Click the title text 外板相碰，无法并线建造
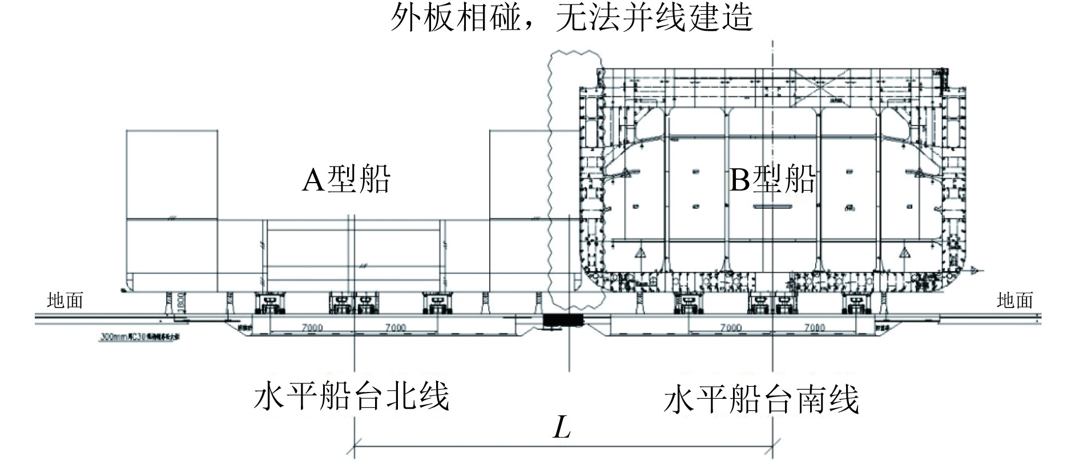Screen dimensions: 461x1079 click(571, 18)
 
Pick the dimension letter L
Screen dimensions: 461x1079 click(562, 427)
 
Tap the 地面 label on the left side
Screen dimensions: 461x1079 click(65, 300)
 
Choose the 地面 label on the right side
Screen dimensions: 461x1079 click(1015, 300)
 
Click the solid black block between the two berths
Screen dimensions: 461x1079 click(562, 321)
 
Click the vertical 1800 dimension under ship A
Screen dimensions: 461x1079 click(180, 301)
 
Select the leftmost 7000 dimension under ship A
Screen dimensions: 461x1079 click(312, 327)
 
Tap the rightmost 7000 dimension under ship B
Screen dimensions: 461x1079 click(814, 327)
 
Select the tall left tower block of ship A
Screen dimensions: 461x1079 click(171, 175)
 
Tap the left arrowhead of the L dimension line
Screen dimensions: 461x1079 click(358, 442)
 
